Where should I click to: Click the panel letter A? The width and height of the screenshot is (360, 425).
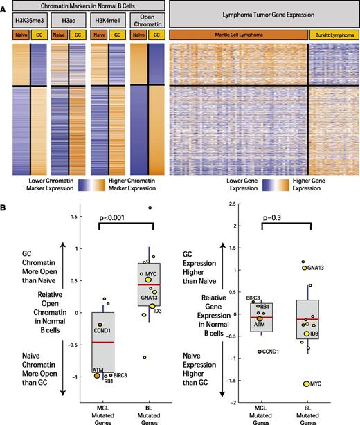(5, 6)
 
